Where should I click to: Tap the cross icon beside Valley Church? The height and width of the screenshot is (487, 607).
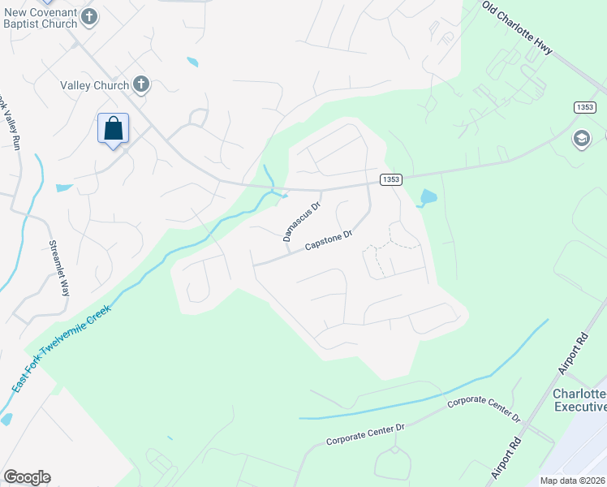point(142,84)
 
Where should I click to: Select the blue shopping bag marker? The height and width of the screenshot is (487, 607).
point(113,128)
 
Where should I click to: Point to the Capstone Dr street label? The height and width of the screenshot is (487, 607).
point(328,241)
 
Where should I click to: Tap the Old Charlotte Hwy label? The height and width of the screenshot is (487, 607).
point(517,27)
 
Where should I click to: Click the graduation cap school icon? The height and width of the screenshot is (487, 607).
point(581,139)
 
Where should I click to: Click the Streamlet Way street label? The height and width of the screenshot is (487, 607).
point(58,269)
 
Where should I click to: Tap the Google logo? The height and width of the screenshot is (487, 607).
point(27,477)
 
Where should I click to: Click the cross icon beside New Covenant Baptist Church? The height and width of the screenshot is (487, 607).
point(90,16)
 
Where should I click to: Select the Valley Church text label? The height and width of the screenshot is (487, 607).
point(94,85)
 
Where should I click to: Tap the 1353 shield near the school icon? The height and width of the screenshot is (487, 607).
point(585,108)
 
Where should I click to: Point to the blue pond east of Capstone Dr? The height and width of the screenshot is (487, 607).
point(428,197)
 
